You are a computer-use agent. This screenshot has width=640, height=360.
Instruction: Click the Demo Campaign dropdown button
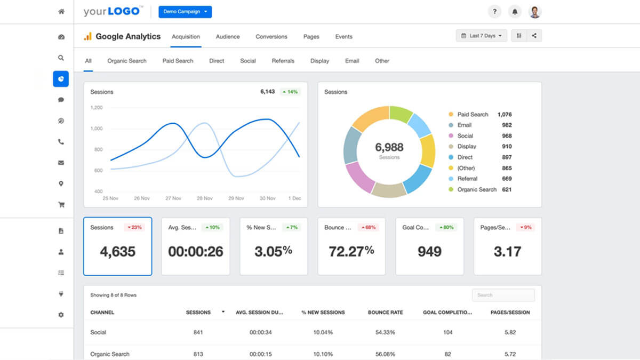(185, 12)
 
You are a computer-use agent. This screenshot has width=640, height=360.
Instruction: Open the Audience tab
(228, 37)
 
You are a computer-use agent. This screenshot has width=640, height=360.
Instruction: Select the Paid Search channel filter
(178, 61)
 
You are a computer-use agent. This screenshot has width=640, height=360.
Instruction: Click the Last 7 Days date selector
(481, 36)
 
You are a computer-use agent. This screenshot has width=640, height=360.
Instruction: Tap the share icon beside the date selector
(534, 36)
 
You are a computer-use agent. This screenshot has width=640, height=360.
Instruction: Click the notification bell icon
(515, 12)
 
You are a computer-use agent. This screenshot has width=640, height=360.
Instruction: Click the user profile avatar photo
(535, 12)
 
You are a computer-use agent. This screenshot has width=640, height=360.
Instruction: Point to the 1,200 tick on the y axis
(96, 107)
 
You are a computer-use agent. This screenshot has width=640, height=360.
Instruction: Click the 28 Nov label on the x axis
(205, 198)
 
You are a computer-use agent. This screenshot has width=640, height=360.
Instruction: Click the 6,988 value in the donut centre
(389, 147)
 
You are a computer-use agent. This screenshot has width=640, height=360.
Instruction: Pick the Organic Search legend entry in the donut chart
(476, 189)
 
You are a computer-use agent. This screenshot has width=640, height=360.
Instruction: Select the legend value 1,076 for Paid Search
(504, 114)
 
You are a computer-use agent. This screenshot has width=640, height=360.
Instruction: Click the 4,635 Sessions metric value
(117, 251)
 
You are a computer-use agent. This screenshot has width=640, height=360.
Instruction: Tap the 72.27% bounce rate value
(351, 251)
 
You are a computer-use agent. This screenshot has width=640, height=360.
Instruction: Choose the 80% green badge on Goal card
(446, 227)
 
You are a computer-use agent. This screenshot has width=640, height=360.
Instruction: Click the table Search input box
(503, 295)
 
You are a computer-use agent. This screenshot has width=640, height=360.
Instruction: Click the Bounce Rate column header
(385, 312)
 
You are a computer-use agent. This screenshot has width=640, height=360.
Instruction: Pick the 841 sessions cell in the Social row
(198, 332)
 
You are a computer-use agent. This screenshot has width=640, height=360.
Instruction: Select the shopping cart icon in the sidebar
(61, 204)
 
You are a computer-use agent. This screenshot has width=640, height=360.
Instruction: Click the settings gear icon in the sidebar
(61, 315)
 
